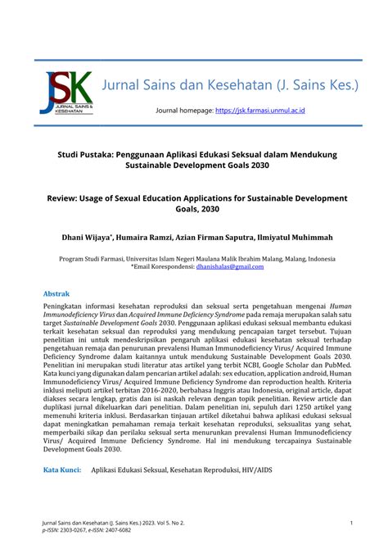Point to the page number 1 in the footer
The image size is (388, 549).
tap(350, 523)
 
